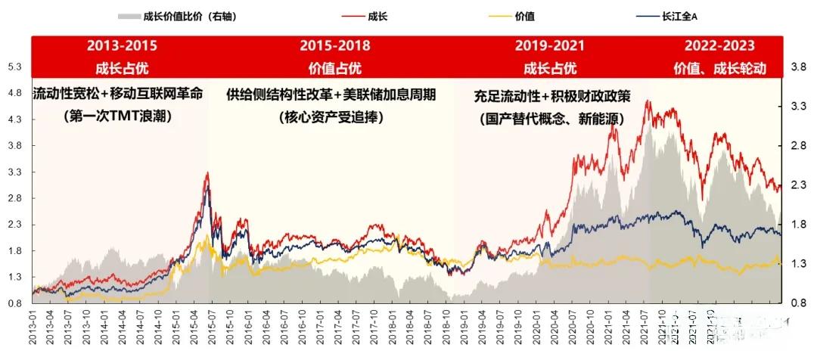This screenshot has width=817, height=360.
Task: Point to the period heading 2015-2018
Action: (x=330, y=46)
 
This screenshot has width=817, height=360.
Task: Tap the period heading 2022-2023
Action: (x=719, y=46)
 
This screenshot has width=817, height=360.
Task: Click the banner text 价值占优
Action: (x=330, y=68)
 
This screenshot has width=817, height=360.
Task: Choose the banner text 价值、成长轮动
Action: (x=719, y=68)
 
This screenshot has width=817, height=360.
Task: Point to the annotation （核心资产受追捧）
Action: (x=331, y=117)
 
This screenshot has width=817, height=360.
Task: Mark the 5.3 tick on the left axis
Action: (x=15, y=67)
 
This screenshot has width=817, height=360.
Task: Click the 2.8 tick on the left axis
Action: (x=15, y=199)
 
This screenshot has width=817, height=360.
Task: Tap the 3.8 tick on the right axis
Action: (x=799, y=67)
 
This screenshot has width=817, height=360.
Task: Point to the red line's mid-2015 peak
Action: (x=207, y=172)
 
